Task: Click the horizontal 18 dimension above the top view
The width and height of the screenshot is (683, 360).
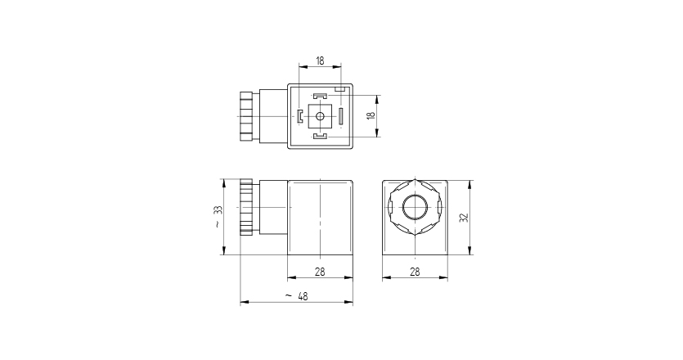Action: pos(320,61)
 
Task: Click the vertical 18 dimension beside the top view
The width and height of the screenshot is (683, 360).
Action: pos(371,116)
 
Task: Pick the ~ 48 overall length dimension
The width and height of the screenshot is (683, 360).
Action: pos(296,296)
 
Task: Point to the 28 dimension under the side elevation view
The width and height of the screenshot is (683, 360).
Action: pos(320,272)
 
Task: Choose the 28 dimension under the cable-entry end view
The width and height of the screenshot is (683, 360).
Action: pos(416,272)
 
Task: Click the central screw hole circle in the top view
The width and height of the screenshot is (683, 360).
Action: pos(320,117)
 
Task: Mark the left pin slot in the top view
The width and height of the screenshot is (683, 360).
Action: pos(300,116)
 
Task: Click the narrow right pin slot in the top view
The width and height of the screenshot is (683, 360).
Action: pos(340,117)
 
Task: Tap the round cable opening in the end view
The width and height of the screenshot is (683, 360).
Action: pos(416,208)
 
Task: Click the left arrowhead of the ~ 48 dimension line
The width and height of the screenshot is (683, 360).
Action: pos(242,304)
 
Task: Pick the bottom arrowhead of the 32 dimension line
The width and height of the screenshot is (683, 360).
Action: pos(472,252)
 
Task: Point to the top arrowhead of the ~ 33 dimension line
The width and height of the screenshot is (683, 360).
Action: pos(227,181)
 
